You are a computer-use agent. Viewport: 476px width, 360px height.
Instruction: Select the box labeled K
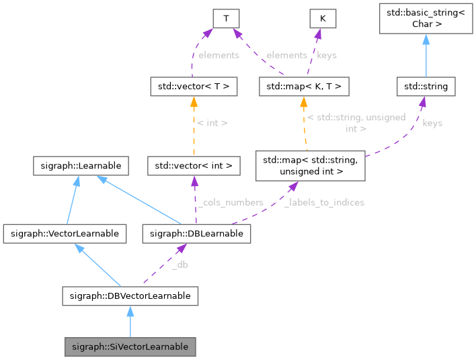point(323,19)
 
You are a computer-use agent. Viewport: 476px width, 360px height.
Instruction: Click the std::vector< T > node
point(192,87)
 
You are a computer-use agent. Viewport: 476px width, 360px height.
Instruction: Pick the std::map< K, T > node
point(304,87)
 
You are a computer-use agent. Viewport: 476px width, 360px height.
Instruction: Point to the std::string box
point(426,87)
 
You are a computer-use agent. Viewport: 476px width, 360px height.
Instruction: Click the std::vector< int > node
point(194,165)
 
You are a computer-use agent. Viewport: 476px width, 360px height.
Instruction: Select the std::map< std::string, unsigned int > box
point(310,165)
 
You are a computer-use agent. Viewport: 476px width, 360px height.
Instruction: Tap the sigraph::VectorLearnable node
point(65,234)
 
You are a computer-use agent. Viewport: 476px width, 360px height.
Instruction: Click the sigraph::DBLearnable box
point(197,234)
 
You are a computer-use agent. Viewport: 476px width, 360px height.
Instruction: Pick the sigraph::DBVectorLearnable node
point(130,295)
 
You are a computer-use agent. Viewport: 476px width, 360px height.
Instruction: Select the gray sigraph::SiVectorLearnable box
point(130,347)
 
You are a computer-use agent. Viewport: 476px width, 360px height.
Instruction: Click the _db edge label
point(180,265)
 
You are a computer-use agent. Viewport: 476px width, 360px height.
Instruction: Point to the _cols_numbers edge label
point(230,202)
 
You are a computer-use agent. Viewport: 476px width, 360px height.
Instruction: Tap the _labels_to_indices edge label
point(325,202)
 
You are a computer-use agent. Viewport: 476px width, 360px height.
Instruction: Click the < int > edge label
point(213,123)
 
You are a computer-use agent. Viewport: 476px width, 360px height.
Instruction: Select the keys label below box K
point(326,55)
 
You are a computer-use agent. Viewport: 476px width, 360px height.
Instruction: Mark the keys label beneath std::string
point(432,123)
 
